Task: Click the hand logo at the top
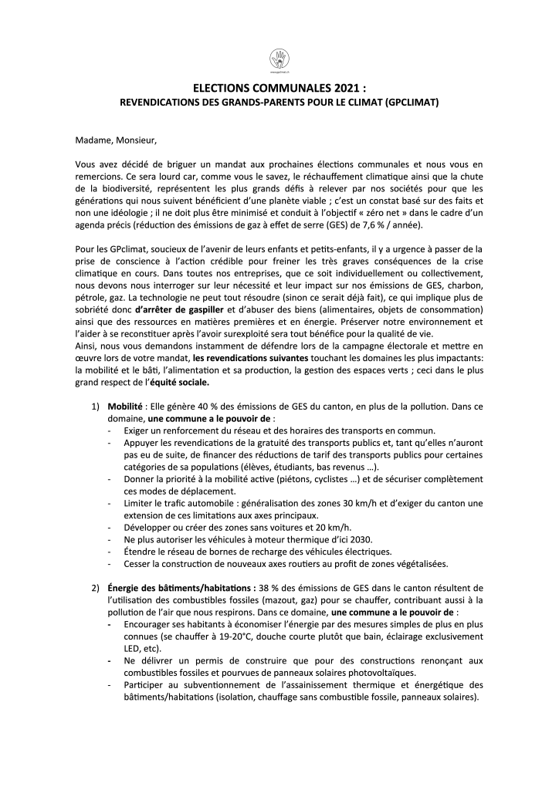point(279,58)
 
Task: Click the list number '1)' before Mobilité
point(97,406)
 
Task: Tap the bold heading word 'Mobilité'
point(124,406)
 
